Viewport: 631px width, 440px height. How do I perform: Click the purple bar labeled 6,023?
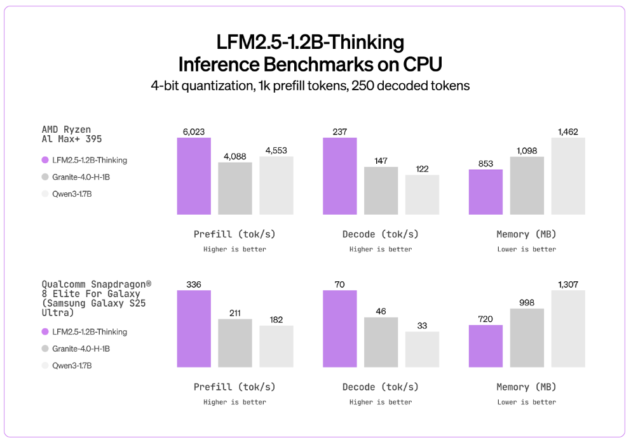tap(194, 176)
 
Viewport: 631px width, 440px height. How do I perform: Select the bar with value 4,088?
tap(235, 188)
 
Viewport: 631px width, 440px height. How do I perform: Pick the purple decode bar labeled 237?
tap(340, 176)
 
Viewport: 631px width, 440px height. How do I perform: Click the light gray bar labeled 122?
tap(422, 194)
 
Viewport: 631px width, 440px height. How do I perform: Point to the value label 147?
tap(381, 161)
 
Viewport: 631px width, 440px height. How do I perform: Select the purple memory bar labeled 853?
tap(485, 192)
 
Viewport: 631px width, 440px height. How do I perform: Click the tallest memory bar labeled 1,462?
tap(568, 176)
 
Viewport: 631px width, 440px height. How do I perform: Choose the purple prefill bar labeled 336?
tap(194, 328)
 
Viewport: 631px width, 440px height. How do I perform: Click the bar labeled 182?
tap(276, 346)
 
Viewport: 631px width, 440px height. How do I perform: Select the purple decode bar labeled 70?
tap(340, 328)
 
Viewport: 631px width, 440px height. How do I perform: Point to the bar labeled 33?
tap(422, 349)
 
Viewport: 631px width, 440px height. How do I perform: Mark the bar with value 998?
tap(527, 338)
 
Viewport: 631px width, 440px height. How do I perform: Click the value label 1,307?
tap(568, 284)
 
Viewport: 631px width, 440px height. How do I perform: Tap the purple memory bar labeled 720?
tap(485, 346)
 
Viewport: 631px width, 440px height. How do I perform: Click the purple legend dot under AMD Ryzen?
tap(45, 161)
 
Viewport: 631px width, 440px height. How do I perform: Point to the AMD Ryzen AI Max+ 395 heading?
tap(71, 134)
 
